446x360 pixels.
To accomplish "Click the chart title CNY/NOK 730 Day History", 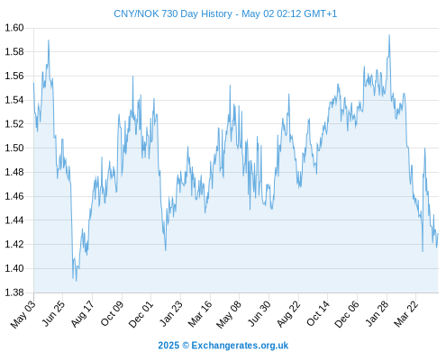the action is (x=173, y=13).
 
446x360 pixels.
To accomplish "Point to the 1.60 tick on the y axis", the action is (x=14, y=28).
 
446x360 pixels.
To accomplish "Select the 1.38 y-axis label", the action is (x=14, y=292).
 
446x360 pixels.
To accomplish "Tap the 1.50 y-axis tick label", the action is (x=14, y=148).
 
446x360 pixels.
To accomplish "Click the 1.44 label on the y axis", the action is (x=14, y=220).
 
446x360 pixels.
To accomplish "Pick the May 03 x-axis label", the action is (x=23, y=314).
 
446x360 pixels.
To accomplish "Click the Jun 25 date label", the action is (x=53, y=314).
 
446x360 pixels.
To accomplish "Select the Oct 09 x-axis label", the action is (x=112, y=314).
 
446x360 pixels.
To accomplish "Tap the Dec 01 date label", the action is (x=141, y=314).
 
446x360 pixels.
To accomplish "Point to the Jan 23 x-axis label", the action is (x=171, y=314).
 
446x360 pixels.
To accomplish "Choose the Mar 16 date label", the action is (x=200, y=314).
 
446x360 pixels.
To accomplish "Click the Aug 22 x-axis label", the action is (x=288, y=314).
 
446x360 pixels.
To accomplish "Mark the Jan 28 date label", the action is (x=377, y=314).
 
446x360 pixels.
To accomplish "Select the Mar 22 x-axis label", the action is (x=405, y=314).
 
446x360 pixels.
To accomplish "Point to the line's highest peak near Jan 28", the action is (x=389, y=35).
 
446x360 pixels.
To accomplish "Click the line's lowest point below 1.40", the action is (x=77, y=281).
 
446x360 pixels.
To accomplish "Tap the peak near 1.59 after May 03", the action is (x=49, y=40).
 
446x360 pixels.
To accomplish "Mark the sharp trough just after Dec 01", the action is (x=166, y=250).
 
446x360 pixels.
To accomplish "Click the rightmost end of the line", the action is (x=438, y=234).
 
